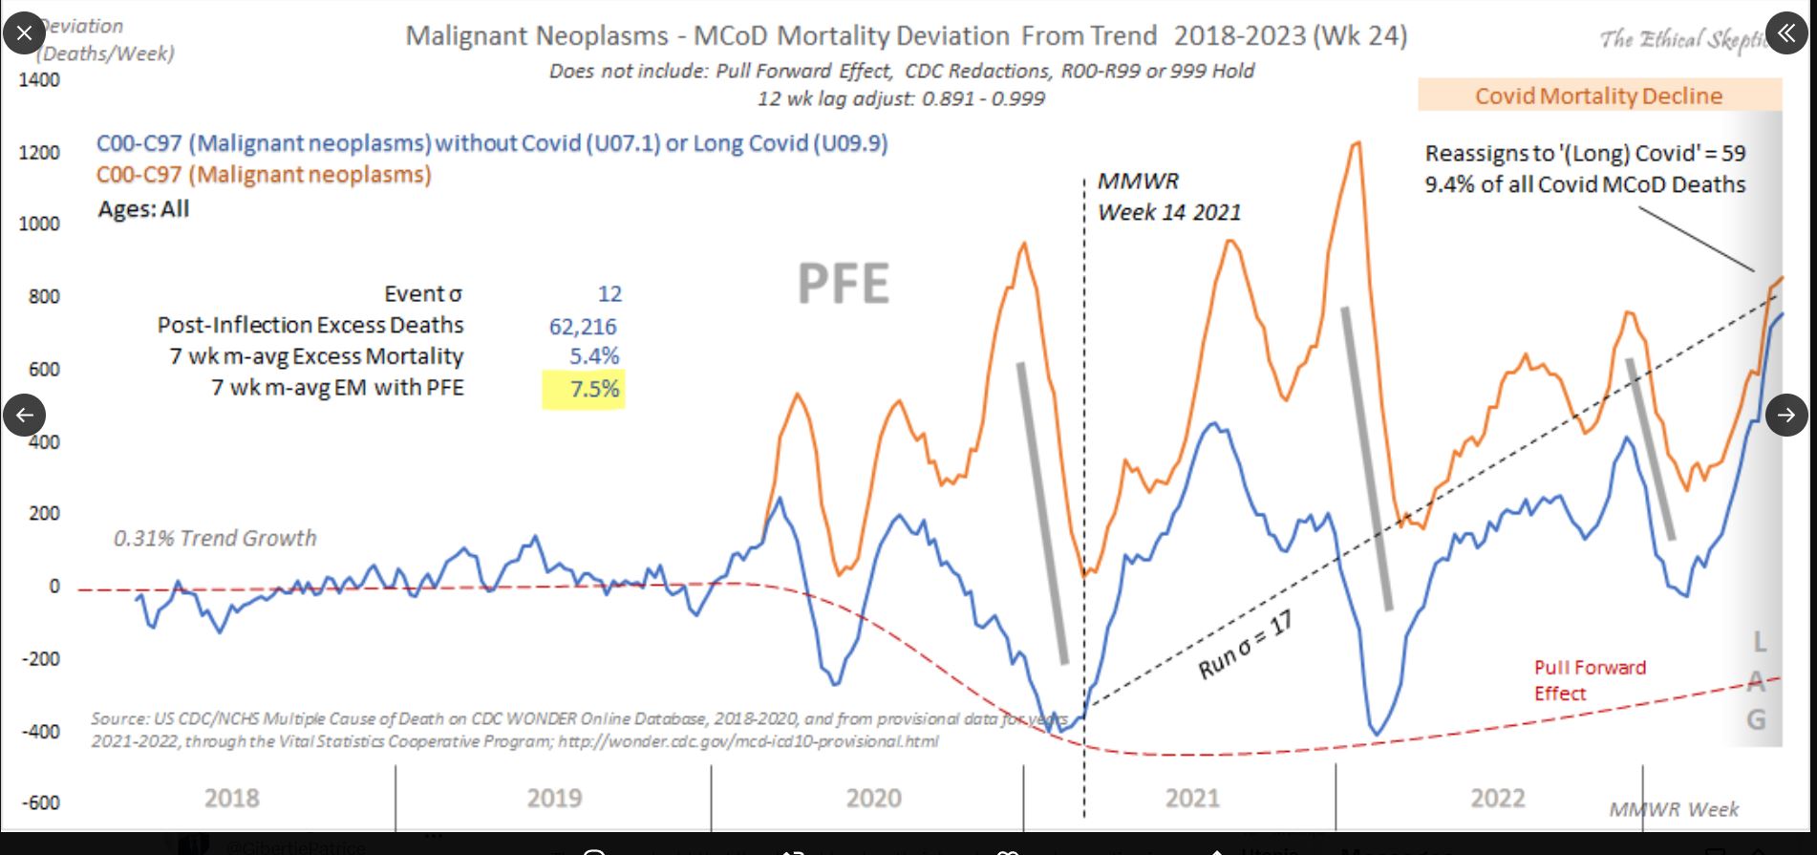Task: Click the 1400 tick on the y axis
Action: click(x=39, y=79)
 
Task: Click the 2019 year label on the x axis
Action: click(x=554, y=798)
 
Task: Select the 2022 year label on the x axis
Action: click(x=1497, y=798)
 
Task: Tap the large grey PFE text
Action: click(x=843, y=284)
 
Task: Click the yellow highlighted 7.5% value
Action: click(x=593, y=389)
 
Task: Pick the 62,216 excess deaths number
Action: click(x=583, y=327)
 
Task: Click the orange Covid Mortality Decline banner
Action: click(x=1598, y=96)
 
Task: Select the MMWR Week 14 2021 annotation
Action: click(x=1167, y=197)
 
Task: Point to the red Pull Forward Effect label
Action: click(x=1589, y=680)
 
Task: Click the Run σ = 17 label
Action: click(x=1245, y=646)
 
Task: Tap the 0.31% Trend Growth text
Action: click(x=215, y=538)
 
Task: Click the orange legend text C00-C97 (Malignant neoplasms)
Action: click(x=264, y=175)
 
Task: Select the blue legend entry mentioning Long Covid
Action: click(x=492, y=143)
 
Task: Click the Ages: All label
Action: click(x=143, y=209)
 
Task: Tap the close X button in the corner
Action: click(x=24, y=33)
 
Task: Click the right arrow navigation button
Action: click(x=1786, y=415)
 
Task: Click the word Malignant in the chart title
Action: click(x=537, y=36)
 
